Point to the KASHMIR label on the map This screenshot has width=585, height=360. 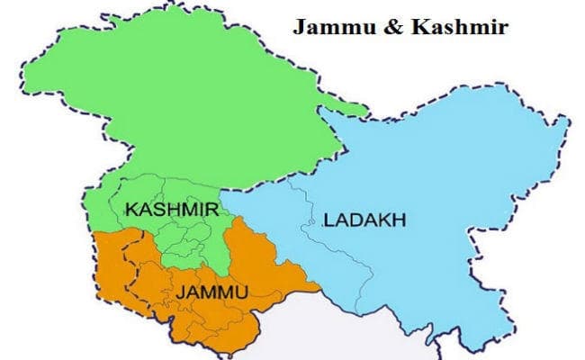click(x=172, y=210)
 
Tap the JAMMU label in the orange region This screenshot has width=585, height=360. click(x=211, y=292)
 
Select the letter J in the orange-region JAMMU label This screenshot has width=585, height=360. click(x=180, y=292)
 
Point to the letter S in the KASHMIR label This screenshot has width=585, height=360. click(x=161, y=210)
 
